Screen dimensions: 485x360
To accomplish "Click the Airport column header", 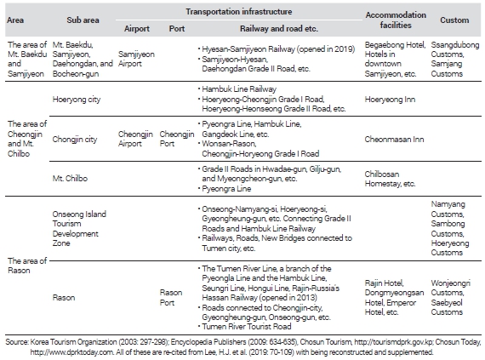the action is click(137, 29).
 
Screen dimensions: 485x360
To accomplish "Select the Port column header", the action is click(177, 29).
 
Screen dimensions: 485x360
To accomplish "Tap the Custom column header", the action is click(454, 20).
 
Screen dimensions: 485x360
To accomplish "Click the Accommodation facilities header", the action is click(396, 20).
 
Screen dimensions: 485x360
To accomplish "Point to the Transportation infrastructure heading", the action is click(239, 12).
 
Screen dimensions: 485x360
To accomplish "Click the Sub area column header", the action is click(83, 20).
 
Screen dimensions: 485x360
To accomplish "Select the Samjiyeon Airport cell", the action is click(136, 59).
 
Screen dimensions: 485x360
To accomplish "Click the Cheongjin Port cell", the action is click(177, 139).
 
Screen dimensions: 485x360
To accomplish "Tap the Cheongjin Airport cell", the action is click(135, 139).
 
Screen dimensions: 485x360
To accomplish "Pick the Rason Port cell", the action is click(171, 298).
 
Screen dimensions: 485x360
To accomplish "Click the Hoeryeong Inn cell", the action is click(390, 100).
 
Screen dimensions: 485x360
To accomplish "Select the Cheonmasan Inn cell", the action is click(394, 140).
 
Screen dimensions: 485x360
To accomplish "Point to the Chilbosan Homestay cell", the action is click(390, 179).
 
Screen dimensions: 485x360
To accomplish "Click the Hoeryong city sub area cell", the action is click(77, 100).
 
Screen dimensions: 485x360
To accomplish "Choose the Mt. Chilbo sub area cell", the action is click(70, 179).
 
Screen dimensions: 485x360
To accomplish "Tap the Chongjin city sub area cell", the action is click(75, 140).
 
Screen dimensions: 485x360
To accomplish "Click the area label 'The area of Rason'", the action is click(27, 266).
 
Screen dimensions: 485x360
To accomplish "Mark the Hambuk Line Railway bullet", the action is click(239, 89).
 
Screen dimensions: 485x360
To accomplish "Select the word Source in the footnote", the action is click(17, 342).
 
